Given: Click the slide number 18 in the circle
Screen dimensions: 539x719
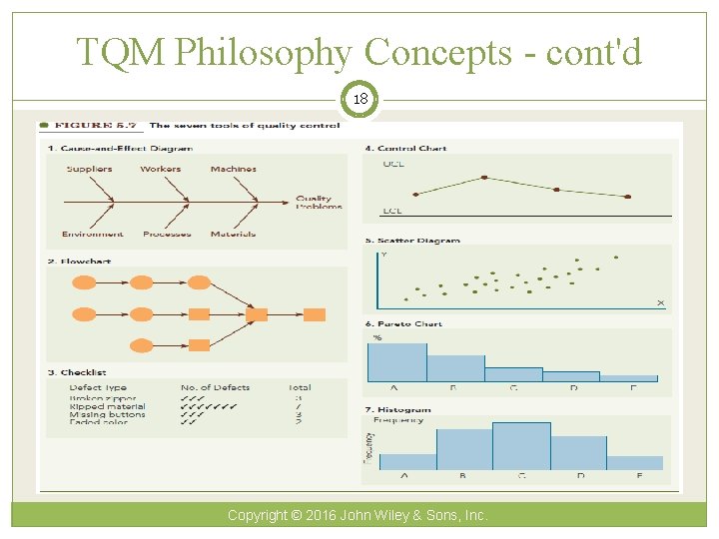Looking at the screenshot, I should tap(359, 100).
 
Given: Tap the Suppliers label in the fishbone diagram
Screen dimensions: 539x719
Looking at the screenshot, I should tap(89, 169).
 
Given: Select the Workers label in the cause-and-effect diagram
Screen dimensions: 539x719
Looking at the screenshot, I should tap(161, 169).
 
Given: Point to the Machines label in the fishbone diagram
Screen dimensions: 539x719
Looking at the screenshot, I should tap(234, 169).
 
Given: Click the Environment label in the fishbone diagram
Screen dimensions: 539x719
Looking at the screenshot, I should tap(92, 235).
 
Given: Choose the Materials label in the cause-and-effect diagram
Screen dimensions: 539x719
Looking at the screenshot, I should tap(233, 235).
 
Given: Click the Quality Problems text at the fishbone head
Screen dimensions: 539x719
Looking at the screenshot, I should tap(319, 203).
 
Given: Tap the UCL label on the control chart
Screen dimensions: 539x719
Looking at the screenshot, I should tap(393, 164).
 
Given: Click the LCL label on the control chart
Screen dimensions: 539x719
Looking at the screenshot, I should tap(392, 212).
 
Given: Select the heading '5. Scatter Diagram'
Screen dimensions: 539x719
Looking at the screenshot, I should tap(412, 241).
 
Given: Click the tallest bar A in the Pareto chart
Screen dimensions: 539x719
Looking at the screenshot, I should tap(396, 362).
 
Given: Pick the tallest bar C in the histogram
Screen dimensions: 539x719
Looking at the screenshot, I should tap(521, 446).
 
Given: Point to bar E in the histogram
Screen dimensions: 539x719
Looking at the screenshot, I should tap(635, 463).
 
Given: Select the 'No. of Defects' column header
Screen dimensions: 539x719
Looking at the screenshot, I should tap(215, 387).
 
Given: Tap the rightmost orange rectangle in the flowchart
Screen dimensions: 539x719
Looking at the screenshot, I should tap(315, 314).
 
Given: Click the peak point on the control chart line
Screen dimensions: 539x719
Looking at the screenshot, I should tap(485, 178).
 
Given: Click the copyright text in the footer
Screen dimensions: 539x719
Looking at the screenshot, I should tap(358, 515).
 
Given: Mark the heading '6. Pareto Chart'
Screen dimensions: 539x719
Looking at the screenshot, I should tap(403, 324).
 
